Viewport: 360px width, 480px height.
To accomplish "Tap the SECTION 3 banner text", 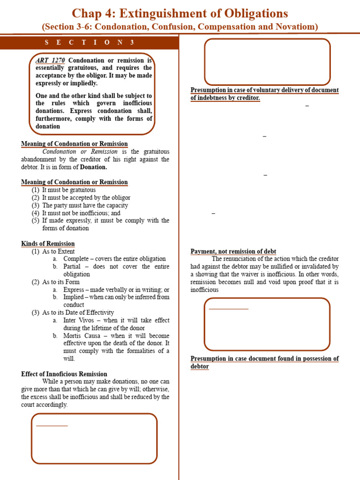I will [90, 43].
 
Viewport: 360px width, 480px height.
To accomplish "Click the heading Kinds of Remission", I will [48, 244].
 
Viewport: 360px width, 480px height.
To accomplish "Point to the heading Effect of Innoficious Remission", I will [64, 374].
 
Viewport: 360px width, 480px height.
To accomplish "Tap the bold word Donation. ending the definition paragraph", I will [93, 167].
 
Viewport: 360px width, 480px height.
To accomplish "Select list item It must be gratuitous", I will [68, 190].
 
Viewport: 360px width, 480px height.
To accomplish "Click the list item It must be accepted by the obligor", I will [86, 198].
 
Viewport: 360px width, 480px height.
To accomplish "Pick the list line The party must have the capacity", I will [84, 205].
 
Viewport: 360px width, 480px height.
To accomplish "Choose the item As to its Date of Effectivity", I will [78, 313].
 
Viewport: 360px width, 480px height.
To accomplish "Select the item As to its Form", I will [60, 282].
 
